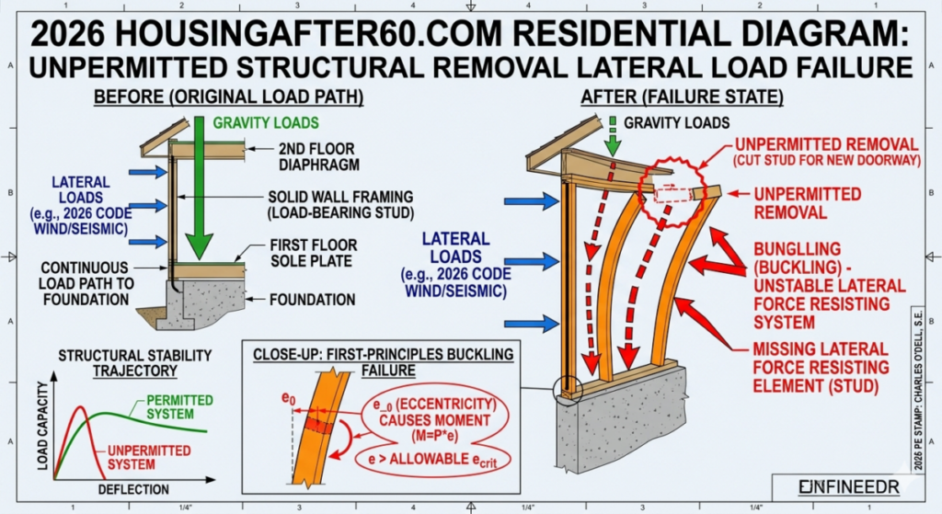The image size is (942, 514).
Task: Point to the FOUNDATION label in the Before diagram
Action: [x=313, y=300]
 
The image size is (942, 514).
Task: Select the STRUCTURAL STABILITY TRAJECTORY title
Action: [x=134, y=361]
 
